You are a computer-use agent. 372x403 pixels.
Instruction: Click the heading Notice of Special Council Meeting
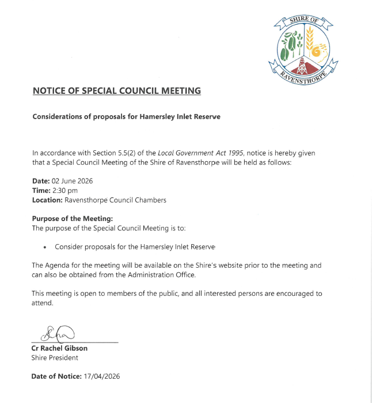click(x=117, y=90)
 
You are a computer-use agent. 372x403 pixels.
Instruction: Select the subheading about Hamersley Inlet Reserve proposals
click(x=126, y=116)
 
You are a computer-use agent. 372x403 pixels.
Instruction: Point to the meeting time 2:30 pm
click(x=65, y=191)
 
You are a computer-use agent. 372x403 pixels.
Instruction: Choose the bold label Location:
click(x=47, y=200)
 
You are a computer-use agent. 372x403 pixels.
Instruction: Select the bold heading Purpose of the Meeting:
click(x=73, y=219)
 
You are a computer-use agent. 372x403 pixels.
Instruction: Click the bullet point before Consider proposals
click(x=45, y=247)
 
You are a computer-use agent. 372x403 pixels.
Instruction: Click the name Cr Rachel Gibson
click(x=59, y=348)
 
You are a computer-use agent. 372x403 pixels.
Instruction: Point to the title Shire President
click(x=55, y=358)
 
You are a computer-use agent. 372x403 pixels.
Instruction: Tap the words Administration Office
click(x=162, y=275)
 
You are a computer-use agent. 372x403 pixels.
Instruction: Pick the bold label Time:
click(x=41, y=191)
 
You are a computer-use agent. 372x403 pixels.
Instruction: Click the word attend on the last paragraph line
click(x=41, y=303)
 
